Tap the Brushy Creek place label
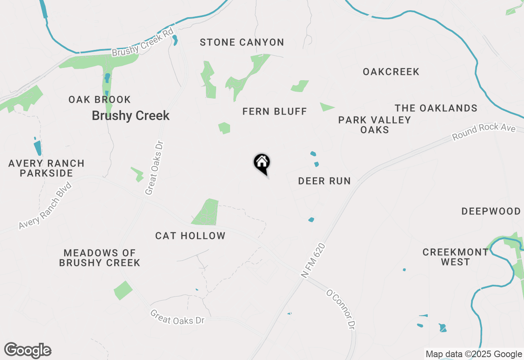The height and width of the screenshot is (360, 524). [x=131, y=116]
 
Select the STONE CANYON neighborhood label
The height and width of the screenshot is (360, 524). [x=242, y=42]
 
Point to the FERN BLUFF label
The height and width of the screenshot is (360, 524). [x=275, y=111]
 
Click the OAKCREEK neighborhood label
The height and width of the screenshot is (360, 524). [x=391, y=72]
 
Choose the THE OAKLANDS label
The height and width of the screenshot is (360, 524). [x=436, y=108]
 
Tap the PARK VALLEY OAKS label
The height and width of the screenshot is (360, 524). [x=375, y=125]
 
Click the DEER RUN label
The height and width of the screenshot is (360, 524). [x=324, y=181]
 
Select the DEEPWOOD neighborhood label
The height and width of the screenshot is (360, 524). [x=491, y=211]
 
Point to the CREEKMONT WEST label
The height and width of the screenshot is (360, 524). [x=456, y=257]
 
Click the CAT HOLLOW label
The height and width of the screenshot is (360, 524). [x=190, y=236]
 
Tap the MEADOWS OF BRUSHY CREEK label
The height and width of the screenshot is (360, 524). [x=99, y=258]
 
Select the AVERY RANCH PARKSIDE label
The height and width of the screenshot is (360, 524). [x=46, y=168]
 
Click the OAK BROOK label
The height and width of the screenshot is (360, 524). [x=99, y=99]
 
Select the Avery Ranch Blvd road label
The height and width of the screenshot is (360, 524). [x=45, y=206]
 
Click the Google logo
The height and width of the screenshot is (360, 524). [x=28, y=350]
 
